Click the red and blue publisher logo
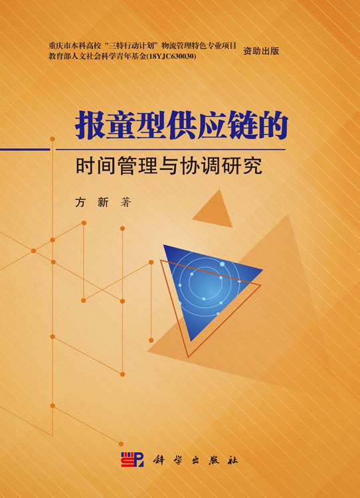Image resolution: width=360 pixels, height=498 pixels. click(132, 459)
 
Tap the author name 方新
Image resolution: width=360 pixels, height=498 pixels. click(92, 202)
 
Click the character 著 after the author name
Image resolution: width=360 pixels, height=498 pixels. click(126, 202)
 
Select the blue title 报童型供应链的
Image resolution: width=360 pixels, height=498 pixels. click(181, 125)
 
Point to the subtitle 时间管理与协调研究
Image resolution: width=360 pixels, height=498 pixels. click(169, 165)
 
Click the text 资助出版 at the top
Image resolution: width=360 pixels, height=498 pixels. click(261, 51)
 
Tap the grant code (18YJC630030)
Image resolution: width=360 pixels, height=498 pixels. click(171, 56)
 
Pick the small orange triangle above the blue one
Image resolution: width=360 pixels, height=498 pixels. click(213, 208)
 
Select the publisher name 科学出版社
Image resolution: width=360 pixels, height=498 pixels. click(195, 460)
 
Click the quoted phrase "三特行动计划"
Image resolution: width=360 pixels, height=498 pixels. click(132, 46)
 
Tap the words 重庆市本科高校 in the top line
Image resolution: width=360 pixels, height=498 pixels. click(75, 46)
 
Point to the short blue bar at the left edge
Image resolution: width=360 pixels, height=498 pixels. click(25, 149)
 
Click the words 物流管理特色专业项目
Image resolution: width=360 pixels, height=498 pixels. click(199, 46)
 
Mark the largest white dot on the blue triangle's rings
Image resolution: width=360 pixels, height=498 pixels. click(222, 264)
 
